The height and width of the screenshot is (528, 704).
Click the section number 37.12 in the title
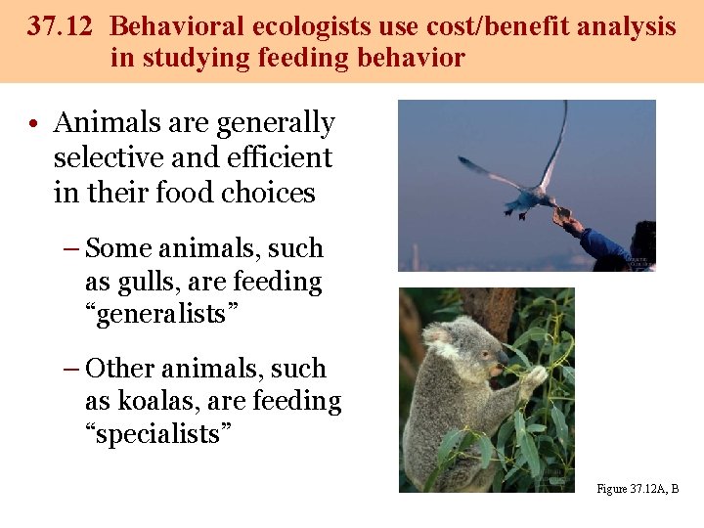[61, 26]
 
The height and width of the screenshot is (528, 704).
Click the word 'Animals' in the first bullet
[109, 124]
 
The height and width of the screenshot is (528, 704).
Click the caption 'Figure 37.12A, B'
[637, 489]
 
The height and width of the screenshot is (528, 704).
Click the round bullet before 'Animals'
[33, 125]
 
